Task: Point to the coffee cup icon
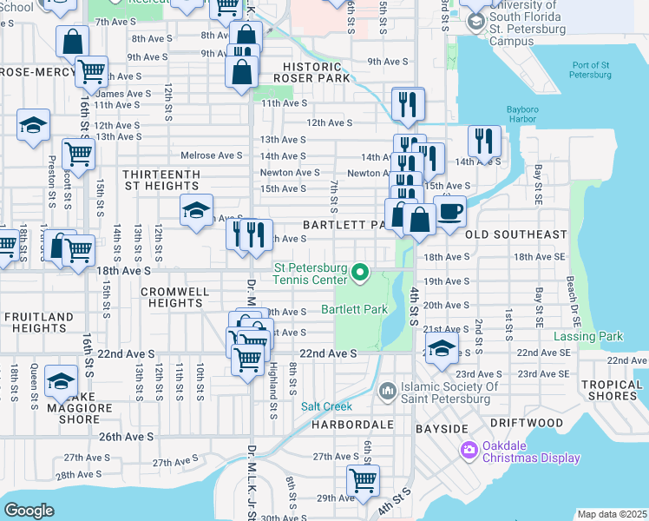click(x=449, y=213)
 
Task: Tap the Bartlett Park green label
click(x=354, y=309)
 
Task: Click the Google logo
click(x=29, y=511)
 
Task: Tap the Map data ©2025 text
click(x=611, y=514)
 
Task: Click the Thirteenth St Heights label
click(x=161, y=181)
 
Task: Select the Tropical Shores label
click(x=612, y=390)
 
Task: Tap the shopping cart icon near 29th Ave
click(x=363, y=478)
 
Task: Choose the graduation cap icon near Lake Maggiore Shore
click(x=61, y=382)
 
